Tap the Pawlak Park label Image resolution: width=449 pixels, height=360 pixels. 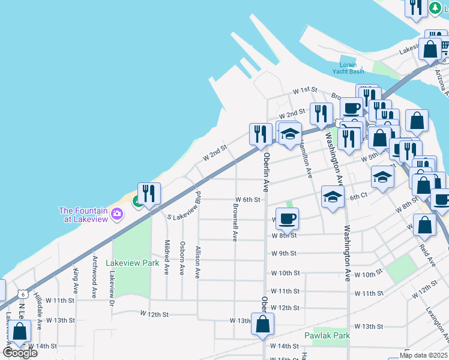click(327, 335)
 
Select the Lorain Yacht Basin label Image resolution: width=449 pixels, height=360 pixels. click(348, 68)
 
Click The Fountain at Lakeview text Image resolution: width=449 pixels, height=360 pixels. click(83, 214)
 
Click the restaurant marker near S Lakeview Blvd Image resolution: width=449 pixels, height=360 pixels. click(149, 194)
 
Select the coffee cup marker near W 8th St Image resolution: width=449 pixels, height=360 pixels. click(287, 220)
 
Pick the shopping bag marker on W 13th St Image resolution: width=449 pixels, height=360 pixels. click(263, 325)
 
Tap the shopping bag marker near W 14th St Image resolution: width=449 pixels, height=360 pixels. click(19, 332)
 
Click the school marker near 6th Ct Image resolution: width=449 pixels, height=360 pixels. click(333, 197)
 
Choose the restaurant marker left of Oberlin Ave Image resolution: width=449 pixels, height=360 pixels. click(261, 134)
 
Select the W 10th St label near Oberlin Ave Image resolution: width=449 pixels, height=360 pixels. click(285, 273)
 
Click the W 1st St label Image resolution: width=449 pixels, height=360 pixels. click(304, 90)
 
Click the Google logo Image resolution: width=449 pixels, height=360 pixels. click(20, 353)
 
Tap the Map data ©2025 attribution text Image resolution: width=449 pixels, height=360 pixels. click(423, 355)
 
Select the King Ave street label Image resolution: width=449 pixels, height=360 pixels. click(76, 280)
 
